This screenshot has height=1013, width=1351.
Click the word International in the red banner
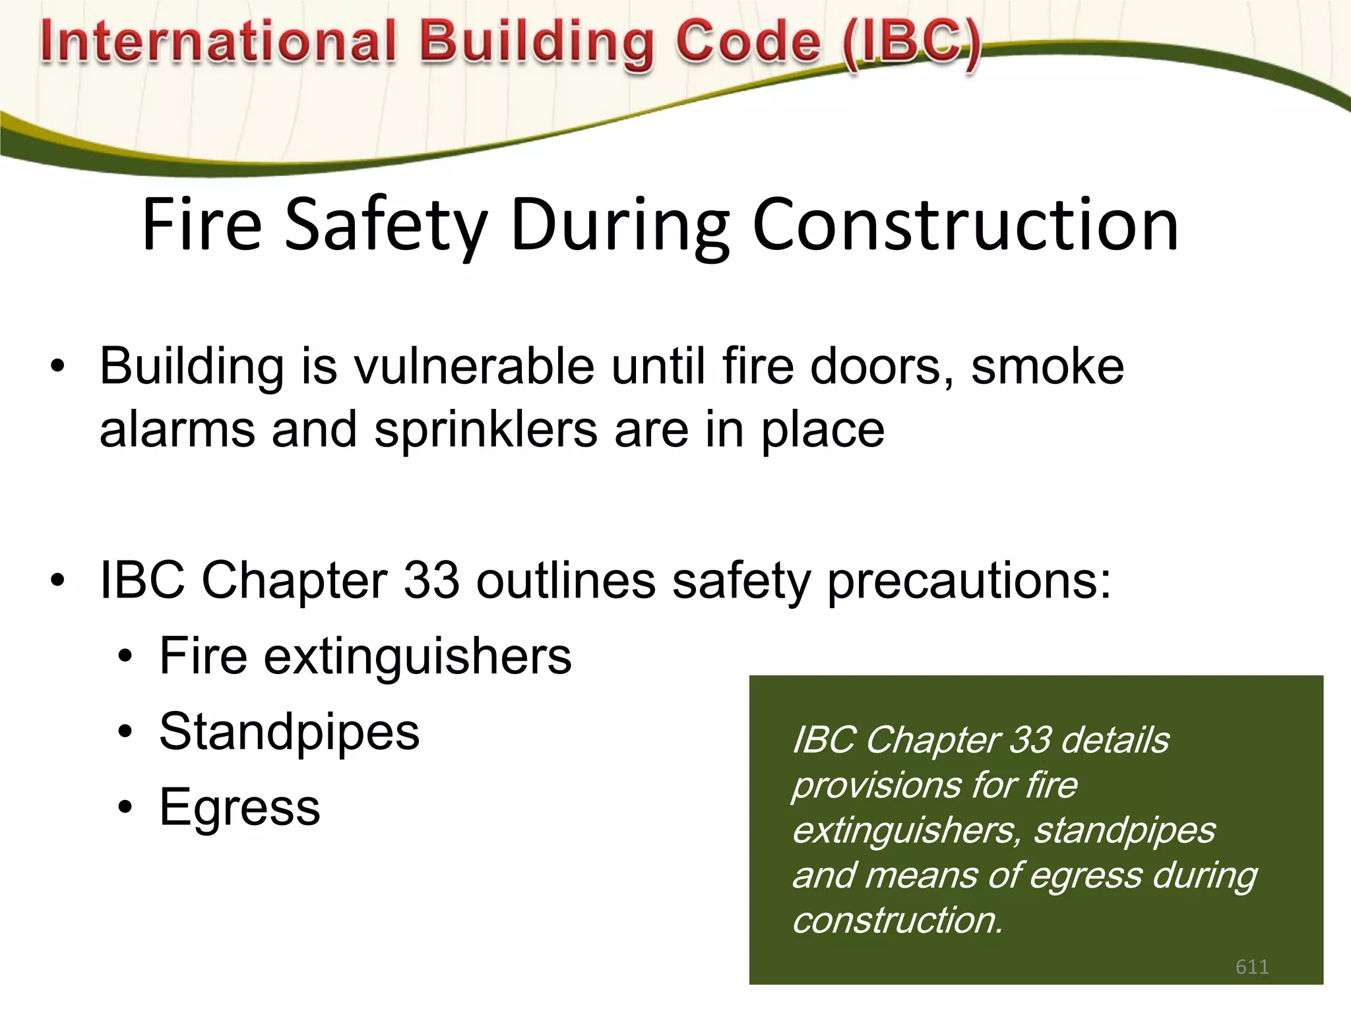coord(218,42)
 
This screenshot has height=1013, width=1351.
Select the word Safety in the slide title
coord(386,226)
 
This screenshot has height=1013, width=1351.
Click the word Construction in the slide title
coord(964,226)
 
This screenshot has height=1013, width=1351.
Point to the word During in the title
coord(619,226)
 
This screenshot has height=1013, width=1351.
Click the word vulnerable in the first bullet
coord(474,367)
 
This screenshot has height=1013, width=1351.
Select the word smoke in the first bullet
coord(1048,367)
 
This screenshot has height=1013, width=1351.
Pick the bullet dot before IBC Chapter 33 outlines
coord(58,580)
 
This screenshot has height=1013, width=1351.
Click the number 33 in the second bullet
coord(430,580)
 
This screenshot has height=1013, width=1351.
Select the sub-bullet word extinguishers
coord(418,657)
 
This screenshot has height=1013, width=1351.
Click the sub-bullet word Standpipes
coord(289,732)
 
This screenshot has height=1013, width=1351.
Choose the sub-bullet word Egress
coord(239,807)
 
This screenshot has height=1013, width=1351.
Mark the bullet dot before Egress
coord(125,807)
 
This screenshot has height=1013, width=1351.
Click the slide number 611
coord(1251,967)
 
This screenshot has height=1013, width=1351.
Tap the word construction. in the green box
coord(897,920)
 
